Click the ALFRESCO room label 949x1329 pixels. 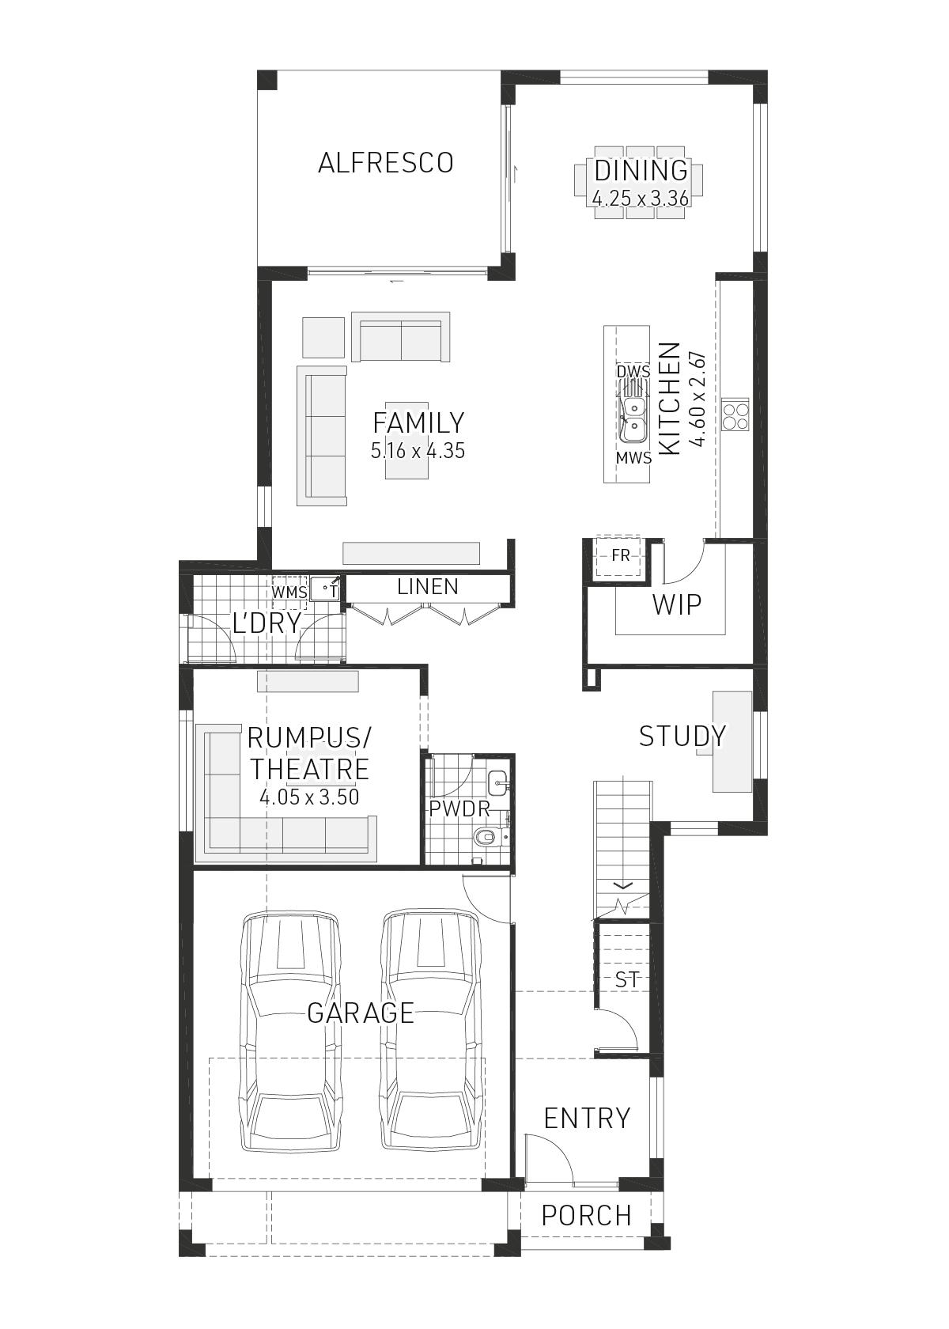pyautogui.click(x=385, y=163)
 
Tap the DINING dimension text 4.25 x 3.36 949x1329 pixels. pyautogui.click(x=641, y=198)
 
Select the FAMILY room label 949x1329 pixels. pyautogui.click(x=418, y=422)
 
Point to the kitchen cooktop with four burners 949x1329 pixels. pyautogui.click(x=735, y=415)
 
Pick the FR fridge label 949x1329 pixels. pyautogui.click(x=621, y=555)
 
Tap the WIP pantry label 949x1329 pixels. pyautogui.click(x=677, y=604)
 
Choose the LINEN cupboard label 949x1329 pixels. pyautogui.click(x=428, y=587)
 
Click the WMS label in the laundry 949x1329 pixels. pyautogui.click(x=289, y=592)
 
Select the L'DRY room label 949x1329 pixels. pyautogui.click(x=267, y=623)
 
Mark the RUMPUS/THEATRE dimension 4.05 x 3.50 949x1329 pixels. pyautogui.click(x=309, y=797)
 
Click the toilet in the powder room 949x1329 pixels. pyautogui.click(x=485, y=835)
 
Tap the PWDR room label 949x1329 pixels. pyautogui.click(x=459, y=809)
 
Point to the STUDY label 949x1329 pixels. pyautogui.click(x=682, y=736)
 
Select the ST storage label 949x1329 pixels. pyautogui.click(x=627, y=980)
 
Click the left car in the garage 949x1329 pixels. pyautogui.click(x=292, y=1032)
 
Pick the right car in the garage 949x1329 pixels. pyautogui.click(x=431, y=1032)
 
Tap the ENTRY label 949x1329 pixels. pyautogui.click(x=587, y=1119)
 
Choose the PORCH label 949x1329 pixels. pyautogui.click(x=587, y=1215)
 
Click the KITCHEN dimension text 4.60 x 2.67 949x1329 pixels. pyautogui.click(x=697, y=399)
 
